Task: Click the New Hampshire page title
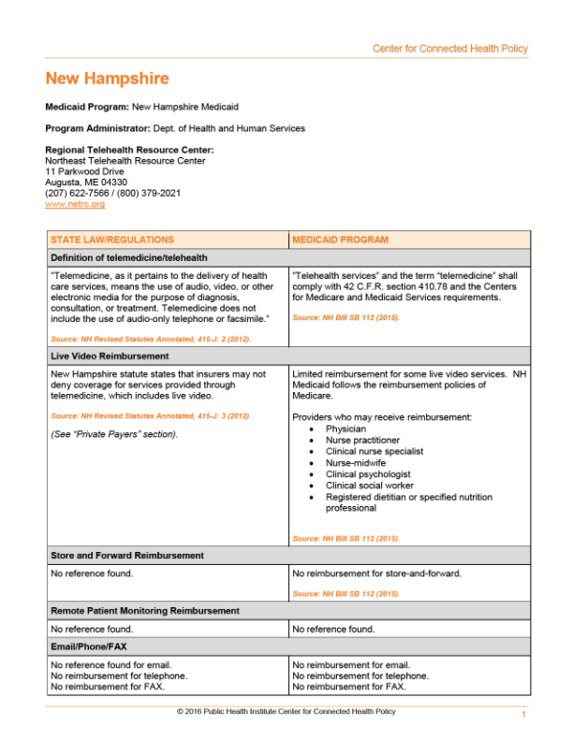click(x=107, y=79)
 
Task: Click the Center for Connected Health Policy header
click(x=449, y=49)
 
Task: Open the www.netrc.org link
click(x=75, y=203)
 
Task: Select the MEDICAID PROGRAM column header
click(x=340, y=240)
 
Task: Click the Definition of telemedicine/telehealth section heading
click(x=128, y=257)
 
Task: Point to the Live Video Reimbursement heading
click(x=110, y=356)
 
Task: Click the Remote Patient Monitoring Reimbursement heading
click(x=145, y=611)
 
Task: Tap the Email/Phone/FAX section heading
click(x=94, y=647)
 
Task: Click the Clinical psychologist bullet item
click(x=368, y=473)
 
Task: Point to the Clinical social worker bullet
click(x=371, y=486)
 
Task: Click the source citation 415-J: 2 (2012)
click(x=150, y=339)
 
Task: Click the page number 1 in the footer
click(x=524, y=716)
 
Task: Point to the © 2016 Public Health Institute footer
click(x=286, y=712)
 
